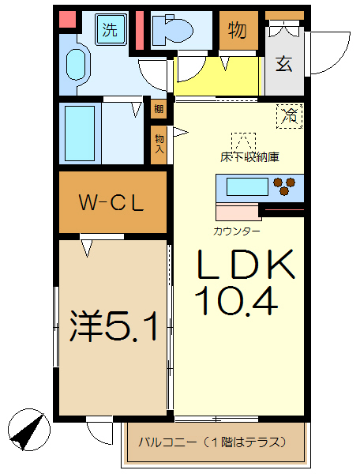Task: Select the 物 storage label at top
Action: point(238,31)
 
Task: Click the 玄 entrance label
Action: point(283,63)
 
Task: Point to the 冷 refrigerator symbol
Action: point(290,115)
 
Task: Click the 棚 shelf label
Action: point(159,110)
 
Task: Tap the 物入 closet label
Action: point(159,143)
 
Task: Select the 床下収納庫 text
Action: point(249,156)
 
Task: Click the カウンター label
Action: point(236,231)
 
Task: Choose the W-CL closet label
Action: point(111,203)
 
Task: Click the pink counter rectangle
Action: point(238,211)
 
